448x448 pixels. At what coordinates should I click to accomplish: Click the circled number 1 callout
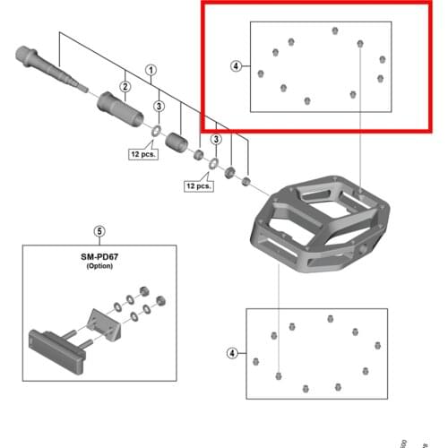[x=151, y=69]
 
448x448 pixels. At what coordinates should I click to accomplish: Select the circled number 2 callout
[x=126, y=86]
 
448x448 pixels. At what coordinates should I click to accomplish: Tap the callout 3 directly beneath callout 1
[x=159, y=107]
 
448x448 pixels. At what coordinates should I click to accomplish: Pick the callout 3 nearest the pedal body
[x=216, y=140]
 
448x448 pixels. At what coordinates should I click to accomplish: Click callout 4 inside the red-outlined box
[x=236, y=66]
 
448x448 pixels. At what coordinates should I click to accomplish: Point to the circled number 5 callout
[x=99, y=230]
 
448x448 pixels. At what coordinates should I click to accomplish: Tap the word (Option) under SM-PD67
[x=99, y=267]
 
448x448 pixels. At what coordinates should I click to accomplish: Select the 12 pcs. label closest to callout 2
[x=142, y=154]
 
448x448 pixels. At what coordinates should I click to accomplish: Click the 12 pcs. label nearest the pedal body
[x=198, y=185]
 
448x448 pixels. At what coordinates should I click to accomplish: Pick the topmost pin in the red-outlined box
[x=334, y=31]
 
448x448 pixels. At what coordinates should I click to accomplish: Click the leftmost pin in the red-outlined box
[x=261, y=73]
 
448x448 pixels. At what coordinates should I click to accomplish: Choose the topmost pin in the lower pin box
[x=331, y=318]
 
